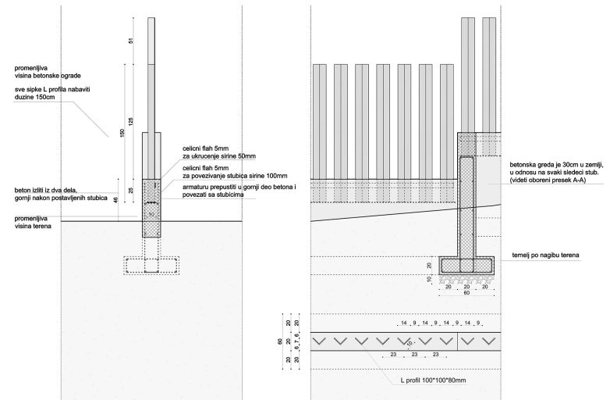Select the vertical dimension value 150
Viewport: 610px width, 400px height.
pyautogui.click(x=121, y=134)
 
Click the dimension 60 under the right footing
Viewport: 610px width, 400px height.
pyautogui.click(x=466, y=295)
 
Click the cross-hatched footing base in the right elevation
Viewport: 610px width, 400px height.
pyautogui.click(x=466, y=263)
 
